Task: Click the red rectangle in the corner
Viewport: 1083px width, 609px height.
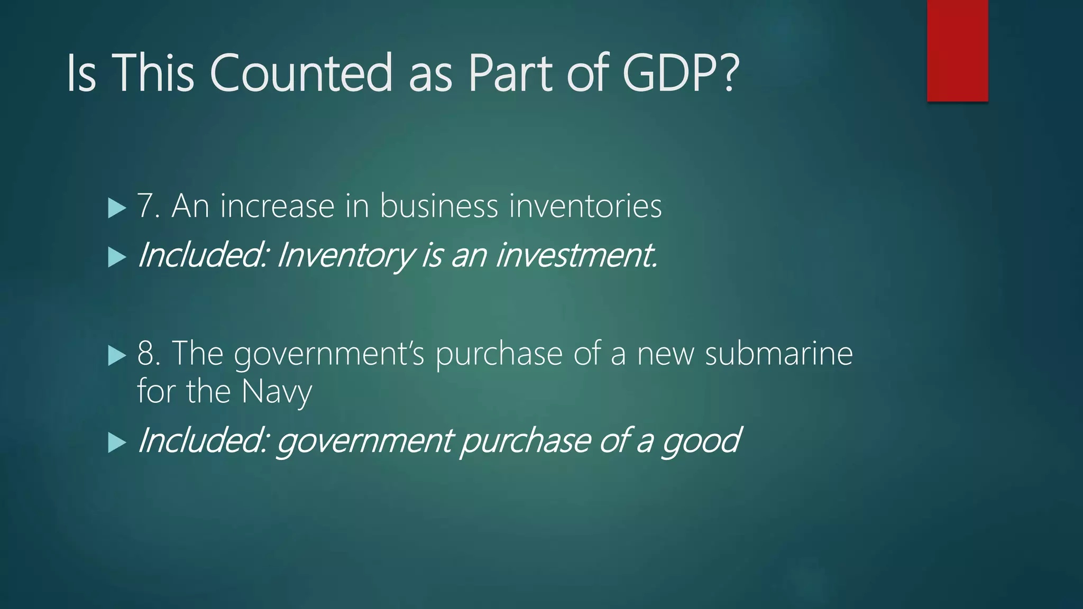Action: [957, 51]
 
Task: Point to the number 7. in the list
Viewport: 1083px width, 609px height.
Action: [149, 206]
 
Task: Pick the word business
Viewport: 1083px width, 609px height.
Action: [439, 206]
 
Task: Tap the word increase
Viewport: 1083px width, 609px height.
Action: [277, 206]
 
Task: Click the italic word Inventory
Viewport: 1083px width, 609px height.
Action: [346, 256]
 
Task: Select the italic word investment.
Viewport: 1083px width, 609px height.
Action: [576, 255]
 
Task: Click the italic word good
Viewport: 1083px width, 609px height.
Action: [701, 441]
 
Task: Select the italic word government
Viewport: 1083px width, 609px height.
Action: [365, 441]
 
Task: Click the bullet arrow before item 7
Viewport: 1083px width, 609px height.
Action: [117, 208]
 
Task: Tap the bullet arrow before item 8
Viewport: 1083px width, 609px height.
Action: [117, 355]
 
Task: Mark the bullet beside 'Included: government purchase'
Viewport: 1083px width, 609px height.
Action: [117, 442]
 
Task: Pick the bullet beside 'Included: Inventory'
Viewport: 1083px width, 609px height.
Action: [117, 257]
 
